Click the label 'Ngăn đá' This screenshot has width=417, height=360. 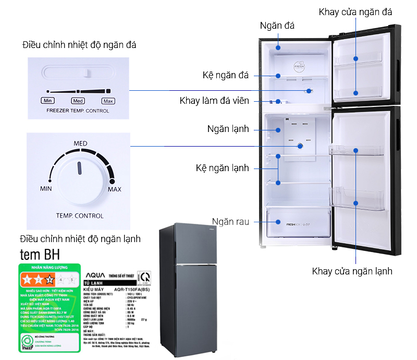coord(277,26)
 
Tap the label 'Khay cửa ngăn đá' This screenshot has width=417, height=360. coord(355,11)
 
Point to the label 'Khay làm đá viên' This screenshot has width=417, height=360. coord(214,101)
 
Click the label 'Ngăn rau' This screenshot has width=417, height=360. coord(230,222)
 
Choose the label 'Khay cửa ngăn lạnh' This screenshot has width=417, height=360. coord(352,271)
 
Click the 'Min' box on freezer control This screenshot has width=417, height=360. coord(47,101)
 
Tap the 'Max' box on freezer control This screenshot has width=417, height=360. coord(108,101)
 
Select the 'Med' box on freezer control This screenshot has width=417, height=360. coord(78,101)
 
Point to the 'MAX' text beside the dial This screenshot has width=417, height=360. coord(114,189)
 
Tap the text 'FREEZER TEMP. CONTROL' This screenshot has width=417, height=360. coord(78,111)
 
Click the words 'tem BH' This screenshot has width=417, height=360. coord(40,255)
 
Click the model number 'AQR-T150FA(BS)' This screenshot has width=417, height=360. coord(133,288)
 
